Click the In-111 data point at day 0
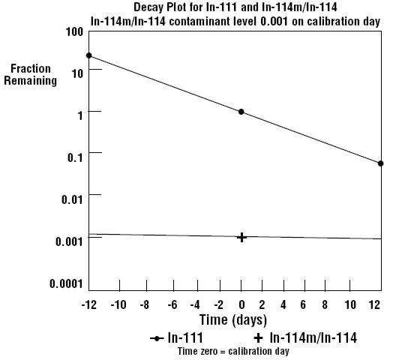241,112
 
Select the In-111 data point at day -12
88,55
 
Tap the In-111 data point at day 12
380,163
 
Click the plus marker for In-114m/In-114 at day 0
241,237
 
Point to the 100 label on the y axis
74,32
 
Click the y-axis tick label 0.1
75,157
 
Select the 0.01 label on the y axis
72,199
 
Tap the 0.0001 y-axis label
66,283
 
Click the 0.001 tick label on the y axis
69,241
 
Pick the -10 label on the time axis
118,304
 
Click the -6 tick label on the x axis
172,304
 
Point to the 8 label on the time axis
325,304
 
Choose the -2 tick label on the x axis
218,304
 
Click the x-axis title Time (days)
233,320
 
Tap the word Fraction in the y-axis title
31,69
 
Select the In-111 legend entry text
185,337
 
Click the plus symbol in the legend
258,338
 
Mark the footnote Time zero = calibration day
233,351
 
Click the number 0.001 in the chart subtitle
274,22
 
